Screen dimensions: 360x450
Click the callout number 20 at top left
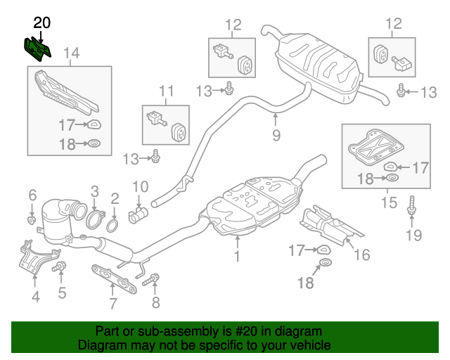tap(42, 22)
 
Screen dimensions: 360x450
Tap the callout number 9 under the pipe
tap(276, 135)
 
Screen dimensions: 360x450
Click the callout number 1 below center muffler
tap(237, 257)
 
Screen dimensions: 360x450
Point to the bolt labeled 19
tap(412, 208)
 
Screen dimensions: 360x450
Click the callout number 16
tap(361, 255)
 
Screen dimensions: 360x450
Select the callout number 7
tap(111, 304)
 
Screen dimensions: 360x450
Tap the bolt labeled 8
tap(151, 281)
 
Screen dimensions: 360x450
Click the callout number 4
tap(35, 296)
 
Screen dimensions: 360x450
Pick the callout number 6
tap(32, 195)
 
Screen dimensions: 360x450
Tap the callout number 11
tap(165, 90)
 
